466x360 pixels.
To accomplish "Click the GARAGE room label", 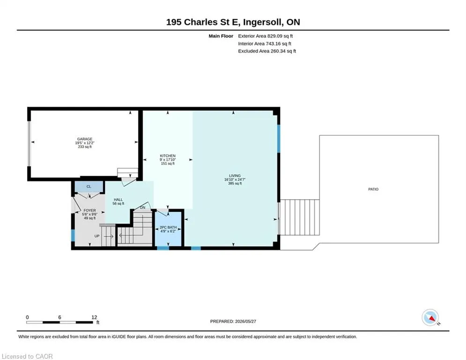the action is [85, 139].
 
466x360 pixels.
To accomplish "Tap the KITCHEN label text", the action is [168, 156].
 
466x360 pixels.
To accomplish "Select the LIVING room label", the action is [235, 175].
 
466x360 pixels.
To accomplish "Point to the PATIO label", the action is [373, 189].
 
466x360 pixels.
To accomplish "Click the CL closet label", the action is [89, 187].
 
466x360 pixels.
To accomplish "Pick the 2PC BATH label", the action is [168, 227].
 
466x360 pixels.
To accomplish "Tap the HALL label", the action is [118, 200].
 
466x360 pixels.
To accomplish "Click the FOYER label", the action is [90, 210].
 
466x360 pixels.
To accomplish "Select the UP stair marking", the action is [97, 236].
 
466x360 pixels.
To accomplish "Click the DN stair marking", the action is [143, 207].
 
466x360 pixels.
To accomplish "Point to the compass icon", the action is [430, 318].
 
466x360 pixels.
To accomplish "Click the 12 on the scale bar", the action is [94, 317].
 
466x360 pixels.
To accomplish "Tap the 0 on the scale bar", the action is [27, 317].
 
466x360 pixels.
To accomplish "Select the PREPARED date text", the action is [233, 321].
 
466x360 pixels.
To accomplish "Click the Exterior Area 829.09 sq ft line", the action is [266, 36].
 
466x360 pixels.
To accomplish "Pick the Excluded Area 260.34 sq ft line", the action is [267, 51].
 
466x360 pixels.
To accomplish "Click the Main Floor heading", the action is [221, 36].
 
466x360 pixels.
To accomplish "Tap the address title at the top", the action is [233, 22].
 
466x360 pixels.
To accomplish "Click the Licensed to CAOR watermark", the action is [27, 356].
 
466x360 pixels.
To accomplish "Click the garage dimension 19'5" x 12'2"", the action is [85, 143].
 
